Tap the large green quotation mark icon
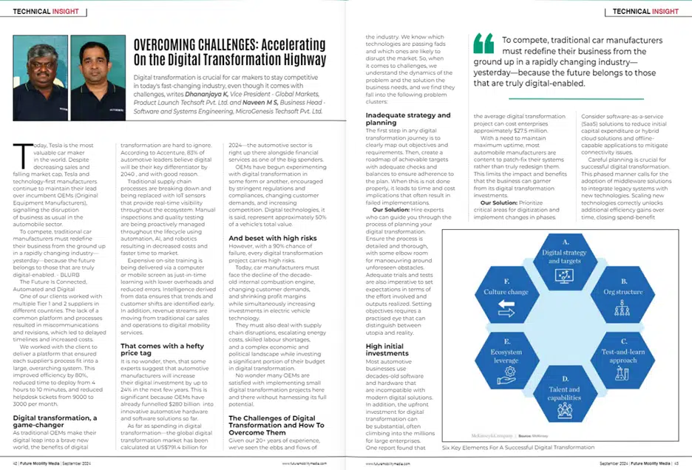[x=483, y=44]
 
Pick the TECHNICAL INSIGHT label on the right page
[x=645, y=12]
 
